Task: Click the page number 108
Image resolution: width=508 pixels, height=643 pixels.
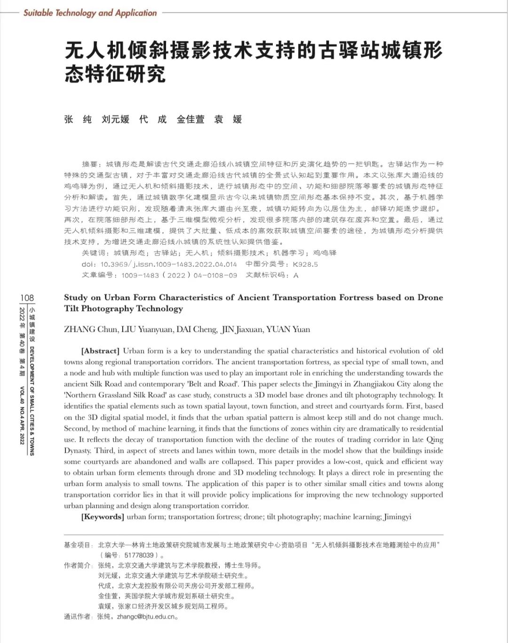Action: pyautogui.click(x=27, y=297)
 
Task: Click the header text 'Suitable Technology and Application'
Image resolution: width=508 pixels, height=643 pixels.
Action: pyautogui.click(x=90, y=13)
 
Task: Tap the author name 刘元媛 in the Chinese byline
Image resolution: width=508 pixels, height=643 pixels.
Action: pyautogui.click(x=115, y=119)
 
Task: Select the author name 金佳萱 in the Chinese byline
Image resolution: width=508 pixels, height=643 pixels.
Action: pyautogui.click(x=190, y=119)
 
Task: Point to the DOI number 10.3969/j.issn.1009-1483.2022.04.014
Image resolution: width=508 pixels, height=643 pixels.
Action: pyautogui.click(x=168, y=264)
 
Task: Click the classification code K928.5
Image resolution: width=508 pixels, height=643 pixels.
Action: pyautogui.click(x=305, y=264)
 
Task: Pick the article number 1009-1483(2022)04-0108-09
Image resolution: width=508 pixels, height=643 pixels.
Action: pyautogui.click(x=179, y=275)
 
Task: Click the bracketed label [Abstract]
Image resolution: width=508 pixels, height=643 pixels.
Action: pyautogui.click(x=101, y=351)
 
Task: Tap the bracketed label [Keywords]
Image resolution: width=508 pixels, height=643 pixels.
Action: pyautogui.click(x=103, y=517)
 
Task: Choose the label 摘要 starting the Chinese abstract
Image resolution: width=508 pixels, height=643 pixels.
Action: pyautogui.click(x=90, y=164)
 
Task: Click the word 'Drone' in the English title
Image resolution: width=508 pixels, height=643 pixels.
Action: pyautogui.click(x=430, y=297)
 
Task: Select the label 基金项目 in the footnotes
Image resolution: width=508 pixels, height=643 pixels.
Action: pyautogui.click(x=78, y=545)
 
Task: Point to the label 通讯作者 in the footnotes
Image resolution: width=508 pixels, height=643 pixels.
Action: pyautogui.click(x=78, y=617)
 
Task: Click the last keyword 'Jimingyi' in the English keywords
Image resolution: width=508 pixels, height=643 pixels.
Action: pyautogui.click(x=397, y=517)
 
